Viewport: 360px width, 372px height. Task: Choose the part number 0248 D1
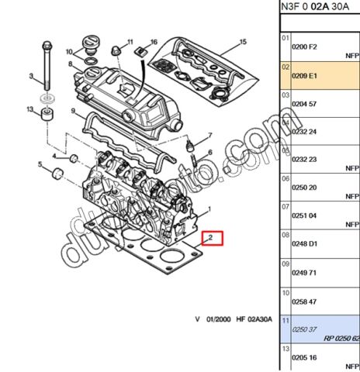[304, 245]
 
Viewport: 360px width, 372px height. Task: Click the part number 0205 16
[304, 359]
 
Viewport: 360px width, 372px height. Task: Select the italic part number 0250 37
[303, 329]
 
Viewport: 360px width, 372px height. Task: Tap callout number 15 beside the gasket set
[242, 41]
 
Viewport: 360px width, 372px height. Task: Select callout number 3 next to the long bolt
[31, 75]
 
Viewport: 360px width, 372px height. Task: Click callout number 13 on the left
[30, 110]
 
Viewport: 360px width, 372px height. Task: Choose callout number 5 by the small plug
[40, 164]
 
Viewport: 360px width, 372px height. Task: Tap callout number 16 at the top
[154, 41]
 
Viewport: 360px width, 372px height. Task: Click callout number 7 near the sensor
[208, 136]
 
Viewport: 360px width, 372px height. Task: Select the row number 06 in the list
[285, 178]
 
